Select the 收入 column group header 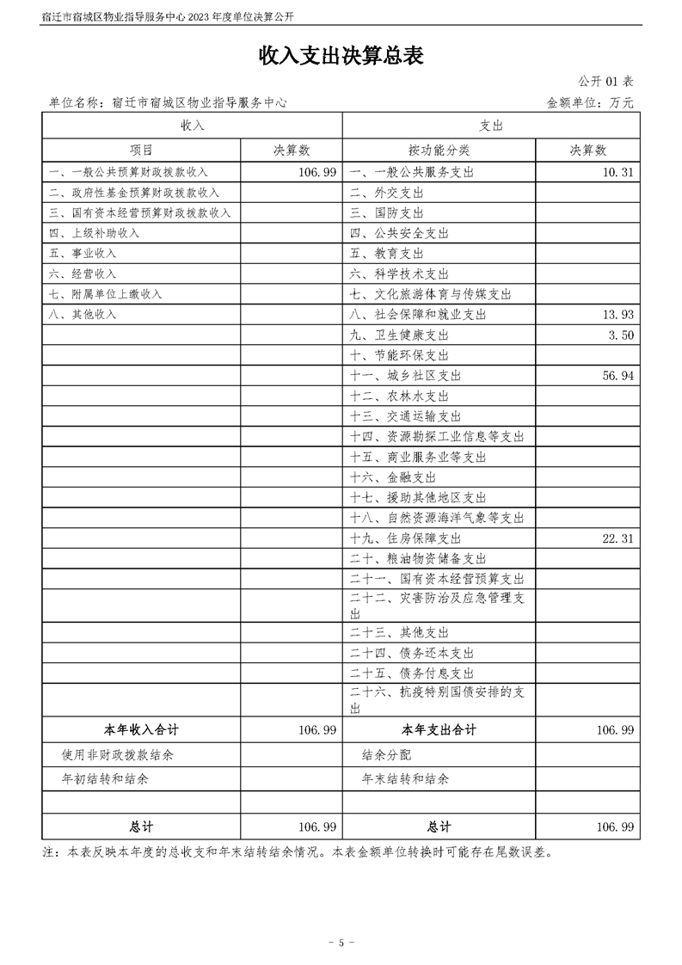click(x=192, y=126)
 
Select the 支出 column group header click(x=491, y=126)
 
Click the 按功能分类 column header click(x=439, y=150)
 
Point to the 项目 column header click(x=141, y=150)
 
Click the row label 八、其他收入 click(x=83, y=315)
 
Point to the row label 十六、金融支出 click(x=393, y=477)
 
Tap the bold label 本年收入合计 click(x=141, y=730)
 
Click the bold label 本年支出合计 click(x=439, y=730)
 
